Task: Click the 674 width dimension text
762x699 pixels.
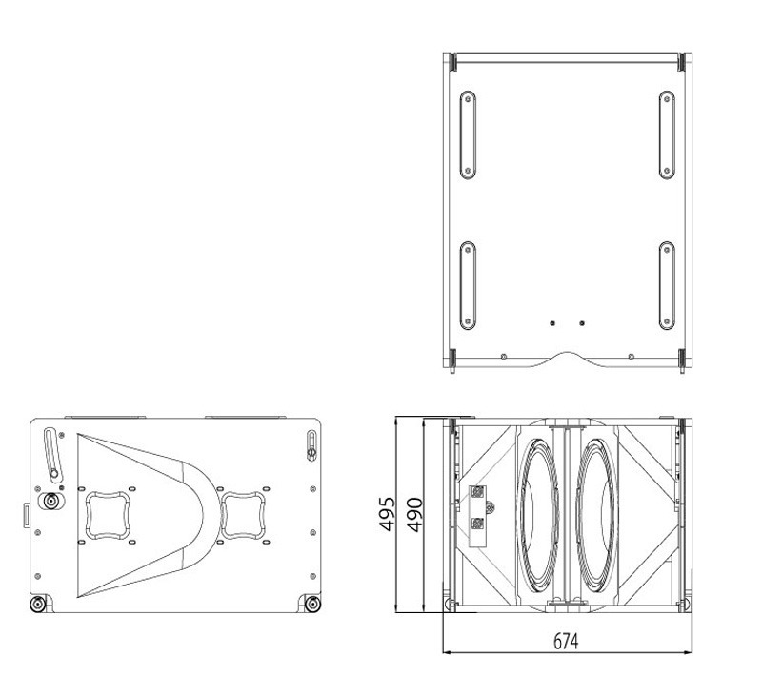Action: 566,641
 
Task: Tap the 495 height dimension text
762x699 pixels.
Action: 388,514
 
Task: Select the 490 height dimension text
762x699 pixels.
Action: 414,515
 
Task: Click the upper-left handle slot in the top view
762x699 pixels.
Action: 468,135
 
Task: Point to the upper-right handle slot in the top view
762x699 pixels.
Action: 667,135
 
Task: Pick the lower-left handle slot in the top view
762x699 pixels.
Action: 468,285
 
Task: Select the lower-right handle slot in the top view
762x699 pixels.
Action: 667,285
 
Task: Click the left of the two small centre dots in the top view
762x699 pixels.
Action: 552,323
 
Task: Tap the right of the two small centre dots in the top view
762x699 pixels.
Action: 582,323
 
